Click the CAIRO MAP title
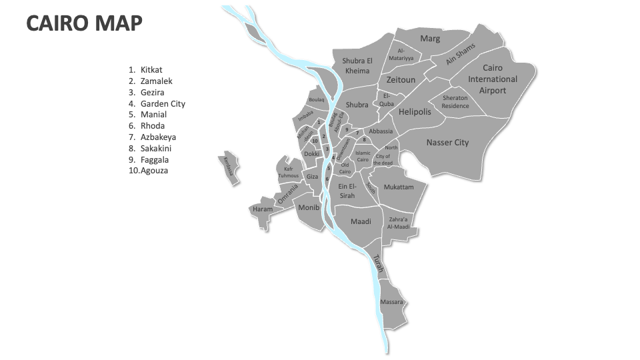coord(84,23)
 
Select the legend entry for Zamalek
coord(156,81)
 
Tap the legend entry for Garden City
coord(163,103)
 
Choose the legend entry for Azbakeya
coord(158,137)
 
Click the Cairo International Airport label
coord(492,79)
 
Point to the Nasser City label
coord(447,142)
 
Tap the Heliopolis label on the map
coord(415,111)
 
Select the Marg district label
coord(430,39)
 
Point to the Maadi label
coord(361,221)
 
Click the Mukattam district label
coord(399,187)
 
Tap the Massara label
coord(391,302)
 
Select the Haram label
coord(262,209)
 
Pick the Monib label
coord(309,207)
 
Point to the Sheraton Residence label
coord(455,101)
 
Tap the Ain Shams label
coord(461,54)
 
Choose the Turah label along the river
coord(377,263)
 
